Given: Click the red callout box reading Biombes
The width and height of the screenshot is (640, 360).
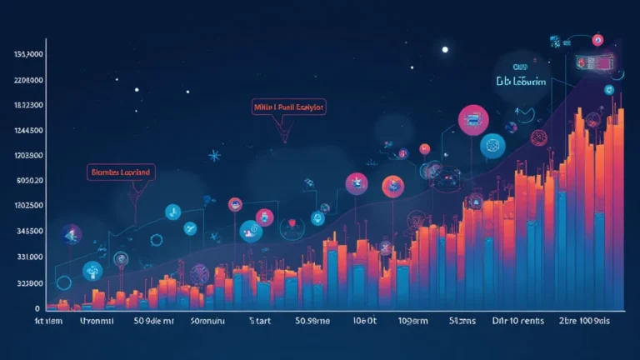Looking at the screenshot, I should tap(121, 172).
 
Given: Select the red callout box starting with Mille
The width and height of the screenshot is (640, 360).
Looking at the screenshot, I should tap(288, 107).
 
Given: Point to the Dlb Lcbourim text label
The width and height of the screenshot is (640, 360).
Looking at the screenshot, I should tap(520, 82).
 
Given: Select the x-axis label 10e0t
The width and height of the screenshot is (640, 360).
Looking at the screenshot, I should tap(366, 321).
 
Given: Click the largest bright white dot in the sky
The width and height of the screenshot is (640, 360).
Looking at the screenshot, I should tap(445, 49).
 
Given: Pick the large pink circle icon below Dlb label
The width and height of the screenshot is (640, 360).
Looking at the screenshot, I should tap(472, 120).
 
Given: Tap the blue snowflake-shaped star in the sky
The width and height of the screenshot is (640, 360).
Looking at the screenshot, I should tap(214, 155).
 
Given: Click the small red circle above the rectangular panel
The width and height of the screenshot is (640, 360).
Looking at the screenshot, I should tap(597, 39).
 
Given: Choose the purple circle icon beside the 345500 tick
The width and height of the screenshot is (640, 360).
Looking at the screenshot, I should tap(72, 233).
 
